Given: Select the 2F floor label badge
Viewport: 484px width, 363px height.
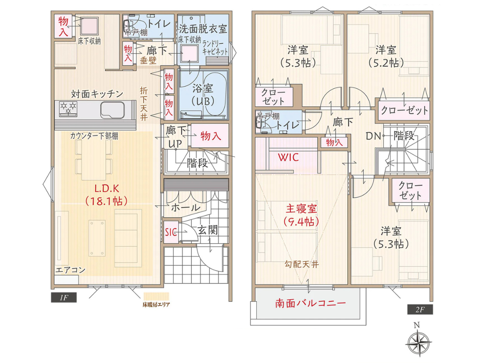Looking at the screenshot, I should point(419,310).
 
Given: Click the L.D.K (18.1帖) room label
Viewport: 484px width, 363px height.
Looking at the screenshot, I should point(106,194).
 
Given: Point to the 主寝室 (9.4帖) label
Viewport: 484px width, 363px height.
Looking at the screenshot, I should point(301,215).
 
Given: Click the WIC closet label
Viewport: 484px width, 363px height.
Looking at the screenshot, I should point(288,157).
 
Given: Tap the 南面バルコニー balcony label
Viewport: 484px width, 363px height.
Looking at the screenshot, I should point(311,303).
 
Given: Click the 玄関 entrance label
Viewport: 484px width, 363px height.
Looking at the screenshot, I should point(208,230).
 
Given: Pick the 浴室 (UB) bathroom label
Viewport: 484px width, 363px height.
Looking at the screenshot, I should point(203,95).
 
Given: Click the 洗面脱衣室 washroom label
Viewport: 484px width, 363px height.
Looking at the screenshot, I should point(203,29).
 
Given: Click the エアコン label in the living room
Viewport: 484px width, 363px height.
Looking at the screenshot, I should point(70,270).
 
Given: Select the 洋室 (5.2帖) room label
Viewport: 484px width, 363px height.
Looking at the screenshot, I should point(386,56).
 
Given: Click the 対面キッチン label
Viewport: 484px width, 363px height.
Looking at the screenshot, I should point(97,94).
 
